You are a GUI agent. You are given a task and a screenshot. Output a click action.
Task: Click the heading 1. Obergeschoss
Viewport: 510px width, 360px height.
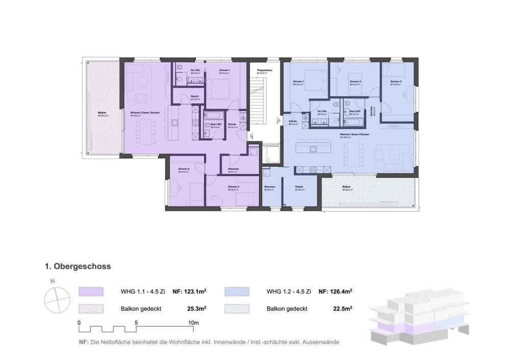(78, 266)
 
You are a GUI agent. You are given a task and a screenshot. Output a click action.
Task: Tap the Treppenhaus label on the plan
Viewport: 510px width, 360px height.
(264, 70)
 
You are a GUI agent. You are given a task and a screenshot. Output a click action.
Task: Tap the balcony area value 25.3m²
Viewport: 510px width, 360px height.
(196, 308)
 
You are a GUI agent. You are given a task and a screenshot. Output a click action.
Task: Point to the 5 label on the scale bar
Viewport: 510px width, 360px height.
(136, 323)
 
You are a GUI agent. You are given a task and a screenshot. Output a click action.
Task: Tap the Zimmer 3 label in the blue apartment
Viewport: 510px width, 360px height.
(396, 82)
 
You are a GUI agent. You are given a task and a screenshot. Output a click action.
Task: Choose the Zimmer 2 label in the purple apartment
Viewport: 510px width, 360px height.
(184, 169)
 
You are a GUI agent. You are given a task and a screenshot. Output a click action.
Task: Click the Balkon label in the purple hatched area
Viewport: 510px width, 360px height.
(103, 113)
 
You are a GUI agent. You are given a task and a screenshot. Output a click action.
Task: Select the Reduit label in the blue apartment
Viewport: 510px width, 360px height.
(299, 187)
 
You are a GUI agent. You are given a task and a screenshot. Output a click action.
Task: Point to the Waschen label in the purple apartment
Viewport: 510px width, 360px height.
(234, 169)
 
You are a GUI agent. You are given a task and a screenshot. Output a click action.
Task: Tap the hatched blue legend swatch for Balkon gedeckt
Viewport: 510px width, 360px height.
(237, 308)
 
